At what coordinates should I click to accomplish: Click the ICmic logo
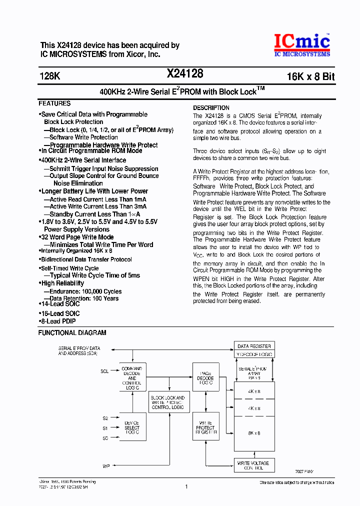(301, 44)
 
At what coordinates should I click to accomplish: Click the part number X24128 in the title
(184, 74)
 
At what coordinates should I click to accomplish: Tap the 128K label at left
(49, 76)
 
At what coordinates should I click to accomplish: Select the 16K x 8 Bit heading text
(310, 76)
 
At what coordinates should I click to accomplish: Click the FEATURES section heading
(54, 103)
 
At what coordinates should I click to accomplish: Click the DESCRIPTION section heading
(211, 107)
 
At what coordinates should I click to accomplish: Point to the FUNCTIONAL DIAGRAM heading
(72, 332)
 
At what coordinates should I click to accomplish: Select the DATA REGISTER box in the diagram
(254, 346)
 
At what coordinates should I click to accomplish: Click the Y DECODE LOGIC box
(254, 354)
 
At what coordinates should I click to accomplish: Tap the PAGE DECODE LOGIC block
(205, 378)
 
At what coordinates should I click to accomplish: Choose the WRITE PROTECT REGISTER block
(205, 427)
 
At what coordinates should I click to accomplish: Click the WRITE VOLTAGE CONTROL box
(253, 466)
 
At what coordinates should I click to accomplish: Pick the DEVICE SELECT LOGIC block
(132, 427)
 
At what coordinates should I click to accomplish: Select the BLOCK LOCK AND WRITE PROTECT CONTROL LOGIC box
(167, 402)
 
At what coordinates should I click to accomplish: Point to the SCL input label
(104, 371)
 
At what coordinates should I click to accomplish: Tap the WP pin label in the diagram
(106, 466)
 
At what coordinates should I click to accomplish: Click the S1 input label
(105, 428)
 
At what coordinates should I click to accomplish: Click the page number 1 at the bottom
(186, 486)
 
